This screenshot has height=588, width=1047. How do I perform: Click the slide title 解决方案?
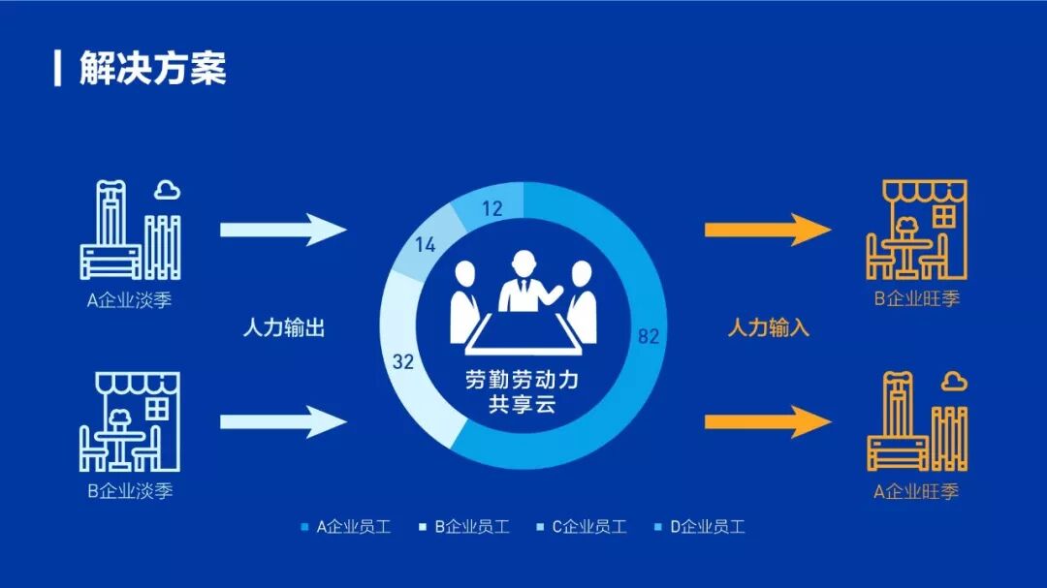[x=152, y=69]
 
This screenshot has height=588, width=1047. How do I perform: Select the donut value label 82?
[x=649, y=336]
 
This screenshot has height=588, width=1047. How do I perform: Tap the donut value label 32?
[x=404, y=362]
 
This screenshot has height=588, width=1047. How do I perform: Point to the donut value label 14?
[x=425, y=246]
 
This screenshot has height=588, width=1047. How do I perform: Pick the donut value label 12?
[x=492, y=208]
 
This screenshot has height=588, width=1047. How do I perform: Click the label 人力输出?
[x=283, y=327]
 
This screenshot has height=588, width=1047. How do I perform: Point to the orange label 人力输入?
[x=768, y=327]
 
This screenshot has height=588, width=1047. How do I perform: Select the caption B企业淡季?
[x=130, y=490]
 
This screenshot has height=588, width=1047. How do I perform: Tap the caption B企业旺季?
[x=916, y=298]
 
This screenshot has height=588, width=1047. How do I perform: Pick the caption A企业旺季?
[x=916, y=491]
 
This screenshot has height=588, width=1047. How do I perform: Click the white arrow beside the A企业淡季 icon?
[x=283, y=230]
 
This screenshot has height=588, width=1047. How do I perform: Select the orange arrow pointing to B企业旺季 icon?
[x=768, y=230]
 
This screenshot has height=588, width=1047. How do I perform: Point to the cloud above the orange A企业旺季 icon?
[x=954, y=381]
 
